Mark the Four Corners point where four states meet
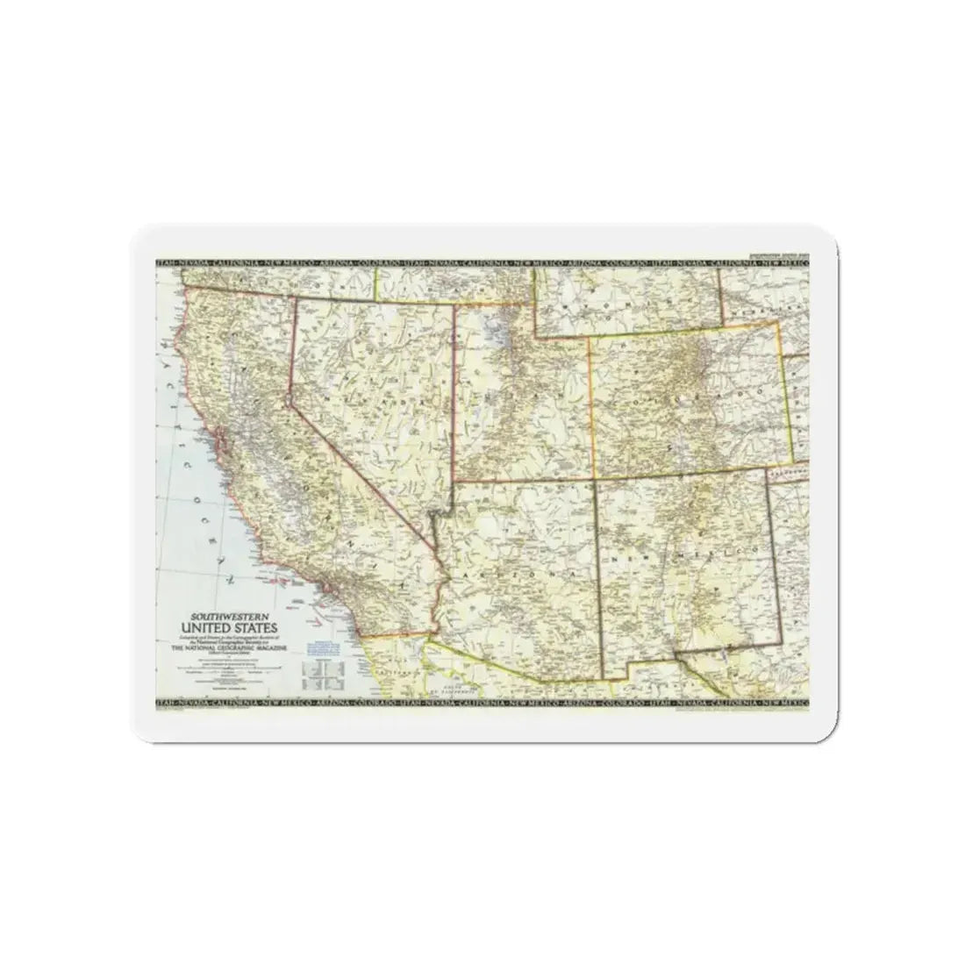pos(595,479)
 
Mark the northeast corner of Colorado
pos(777,322)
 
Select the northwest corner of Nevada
pos(293,296)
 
